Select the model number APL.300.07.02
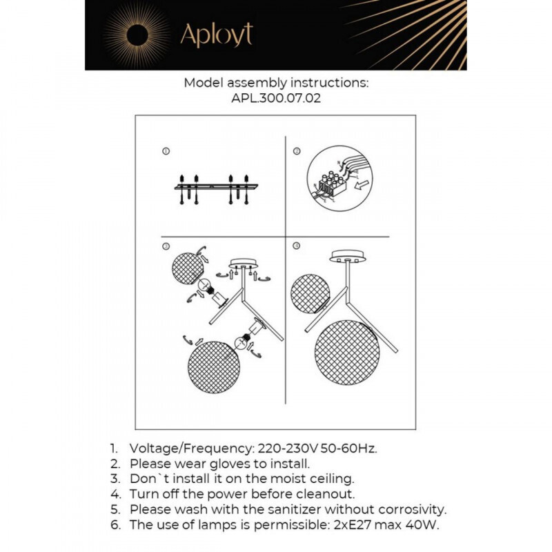276,98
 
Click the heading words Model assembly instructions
276,83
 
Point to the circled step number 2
297,151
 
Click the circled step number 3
166,246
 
